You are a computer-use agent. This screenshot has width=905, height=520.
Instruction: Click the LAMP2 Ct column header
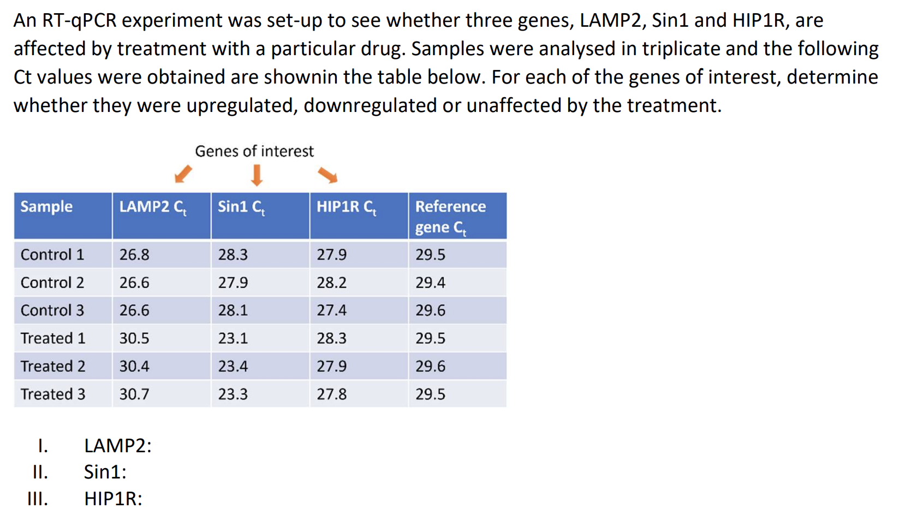(153, 208)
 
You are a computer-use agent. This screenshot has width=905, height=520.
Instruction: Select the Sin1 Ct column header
(241, 208)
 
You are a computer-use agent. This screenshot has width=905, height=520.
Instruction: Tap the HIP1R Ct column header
(346, 208)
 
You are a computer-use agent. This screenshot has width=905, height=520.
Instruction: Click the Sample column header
(46, 206)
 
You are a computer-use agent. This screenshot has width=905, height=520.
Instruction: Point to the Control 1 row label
(52, 255)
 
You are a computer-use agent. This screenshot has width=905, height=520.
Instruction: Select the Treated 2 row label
(53, 366)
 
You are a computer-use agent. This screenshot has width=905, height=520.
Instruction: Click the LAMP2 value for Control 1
(134, 255)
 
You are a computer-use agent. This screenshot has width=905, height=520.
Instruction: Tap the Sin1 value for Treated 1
(233, 338)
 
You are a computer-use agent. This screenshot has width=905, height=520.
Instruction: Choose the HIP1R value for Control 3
(331, 310)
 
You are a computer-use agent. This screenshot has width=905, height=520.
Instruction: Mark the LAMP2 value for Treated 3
(134, 394)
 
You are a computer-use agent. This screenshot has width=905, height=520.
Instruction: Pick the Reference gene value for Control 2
(430, 282)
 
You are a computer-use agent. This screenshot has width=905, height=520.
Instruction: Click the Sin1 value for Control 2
(233, 282)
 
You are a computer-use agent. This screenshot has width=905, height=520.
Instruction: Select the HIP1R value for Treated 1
(331, 338)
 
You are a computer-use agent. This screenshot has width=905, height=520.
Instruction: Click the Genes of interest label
(254, 151)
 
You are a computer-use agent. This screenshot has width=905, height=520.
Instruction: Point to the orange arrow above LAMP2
(183, 174)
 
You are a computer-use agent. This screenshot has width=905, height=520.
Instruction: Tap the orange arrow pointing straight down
(257, 175)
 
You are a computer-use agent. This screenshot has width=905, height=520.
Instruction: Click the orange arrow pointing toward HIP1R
(328, 175)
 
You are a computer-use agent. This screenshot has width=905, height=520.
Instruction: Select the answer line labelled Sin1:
(105, 472)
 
